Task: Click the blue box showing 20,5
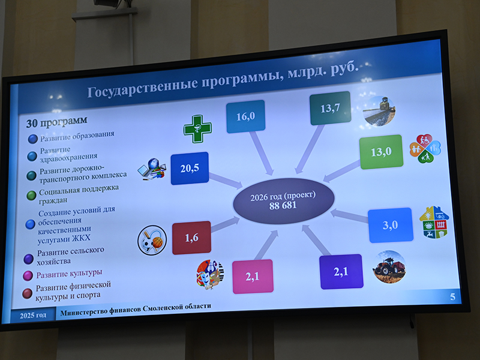(190, 168)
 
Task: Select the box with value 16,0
(245, 116)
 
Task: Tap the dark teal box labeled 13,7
(330, 108)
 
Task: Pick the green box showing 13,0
(380, 152)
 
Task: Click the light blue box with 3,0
(391, 225)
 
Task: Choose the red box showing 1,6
(191, 238)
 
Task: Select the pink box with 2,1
(252, 276)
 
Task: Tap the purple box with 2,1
(340, 272)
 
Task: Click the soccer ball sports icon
(151, 239)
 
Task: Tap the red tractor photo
(389, 267)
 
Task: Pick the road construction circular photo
(379, 108)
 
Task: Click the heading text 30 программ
(52, 122)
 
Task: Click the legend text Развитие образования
(76, 136)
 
